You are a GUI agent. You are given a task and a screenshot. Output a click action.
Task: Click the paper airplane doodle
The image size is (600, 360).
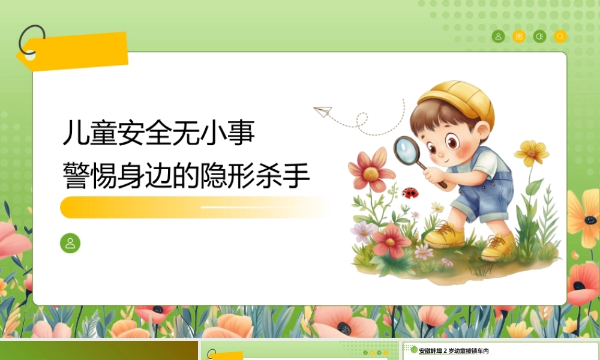323,112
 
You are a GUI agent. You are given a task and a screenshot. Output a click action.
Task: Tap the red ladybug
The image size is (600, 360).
410,193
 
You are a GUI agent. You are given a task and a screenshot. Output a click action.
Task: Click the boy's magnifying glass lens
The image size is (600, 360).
407,149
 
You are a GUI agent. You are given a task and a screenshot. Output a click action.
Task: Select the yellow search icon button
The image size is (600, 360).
560,37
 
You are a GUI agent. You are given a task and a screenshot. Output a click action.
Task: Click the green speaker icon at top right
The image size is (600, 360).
539,37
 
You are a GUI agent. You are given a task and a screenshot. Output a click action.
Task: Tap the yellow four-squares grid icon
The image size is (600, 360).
519,37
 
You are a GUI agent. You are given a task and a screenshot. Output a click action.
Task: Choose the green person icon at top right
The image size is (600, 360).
498,37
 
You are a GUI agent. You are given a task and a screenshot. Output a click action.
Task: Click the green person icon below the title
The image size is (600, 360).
70,243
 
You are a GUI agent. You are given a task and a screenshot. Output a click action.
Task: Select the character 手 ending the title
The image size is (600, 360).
296,176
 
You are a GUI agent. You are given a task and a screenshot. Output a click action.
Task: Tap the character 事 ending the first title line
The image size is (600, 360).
241,133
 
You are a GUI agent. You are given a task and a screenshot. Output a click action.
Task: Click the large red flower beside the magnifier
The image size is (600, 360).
370,170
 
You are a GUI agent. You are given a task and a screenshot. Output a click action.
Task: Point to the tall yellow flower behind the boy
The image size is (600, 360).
532,152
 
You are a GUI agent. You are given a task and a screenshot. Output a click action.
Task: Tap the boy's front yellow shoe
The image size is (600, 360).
443,234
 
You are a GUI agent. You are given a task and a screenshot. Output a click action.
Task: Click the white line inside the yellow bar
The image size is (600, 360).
253,208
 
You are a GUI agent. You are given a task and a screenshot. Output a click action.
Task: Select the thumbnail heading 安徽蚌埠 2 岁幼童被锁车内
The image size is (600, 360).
454,351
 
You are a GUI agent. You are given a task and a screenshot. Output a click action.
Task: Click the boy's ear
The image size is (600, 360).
483,131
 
